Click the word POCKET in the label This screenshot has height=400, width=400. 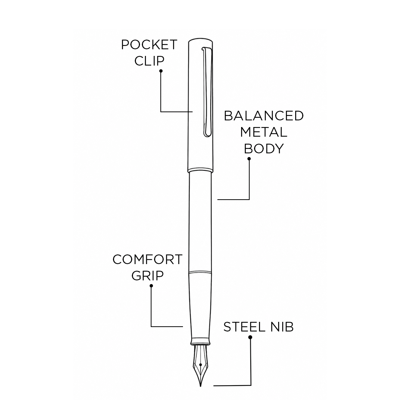click(149, 45)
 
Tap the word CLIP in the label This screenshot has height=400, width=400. click(150, 61)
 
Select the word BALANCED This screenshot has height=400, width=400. click(264, 116)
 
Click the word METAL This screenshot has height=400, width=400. click(264, 132)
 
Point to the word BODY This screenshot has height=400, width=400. click(264, 149)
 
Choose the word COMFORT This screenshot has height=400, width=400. click(147, 259)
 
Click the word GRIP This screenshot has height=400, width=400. click(147, 276)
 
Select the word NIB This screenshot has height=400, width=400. click(282, 327)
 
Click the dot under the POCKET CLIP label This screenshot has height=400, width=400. click(161, 71)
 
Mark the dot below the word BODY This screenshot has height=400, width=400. click(249, 159)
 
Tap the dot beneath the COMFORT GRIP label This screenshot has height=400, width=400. click(151, 286)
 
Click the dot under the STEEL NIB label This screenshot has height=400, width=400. click(250, 337)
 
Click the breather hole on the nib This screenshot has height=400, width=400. click(200, 365)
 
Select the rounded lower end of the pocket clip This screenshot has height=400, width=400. click(207, 134)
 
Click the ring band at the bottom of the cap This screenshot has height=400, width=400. click(200, 170)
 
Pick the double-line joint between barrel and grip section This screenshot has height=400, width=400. click(200, 272)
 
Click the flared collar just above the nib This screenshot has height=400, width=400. click(200, 342)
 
